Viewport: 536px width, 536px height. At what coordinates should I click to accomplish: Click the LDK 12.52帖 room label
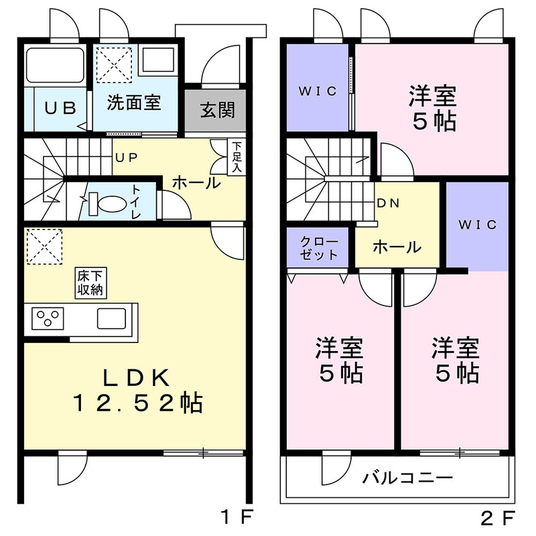(x=137, y=391)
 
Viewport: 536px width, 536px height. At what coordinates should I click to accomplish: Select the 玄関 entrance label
(x=218, y=110)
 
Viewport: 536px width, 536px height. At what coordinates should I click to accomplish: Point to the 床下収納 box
(x=90, y=283)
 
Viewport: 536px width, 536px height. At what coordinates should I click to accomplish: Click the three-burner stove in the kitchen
(x=48, y=319)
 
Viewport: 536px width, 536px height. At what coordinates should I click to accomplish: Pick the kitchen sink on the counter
(x=111, y=318)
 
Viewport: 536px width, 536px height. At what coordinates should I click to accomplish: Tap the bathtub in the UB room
(x=56, y=65)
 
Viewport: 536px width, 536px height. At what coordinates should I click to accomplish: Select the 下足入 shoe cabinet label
(x=237, y=157)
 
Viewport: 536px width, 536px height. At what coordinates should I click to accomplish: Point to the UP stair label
(x=127, y=157)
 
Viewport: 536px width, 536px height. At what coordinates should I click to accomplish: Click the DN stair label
(x=388, y=204)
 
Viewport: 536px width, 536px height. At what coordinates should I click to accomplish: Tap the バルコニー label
(x=408, y=478)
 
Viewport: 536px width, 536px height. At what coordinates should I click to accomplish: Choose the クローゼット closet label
(x=319, y=249)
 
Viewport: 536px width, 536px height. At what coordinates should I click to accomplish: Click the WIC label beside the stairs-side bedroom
(x=318, y=91)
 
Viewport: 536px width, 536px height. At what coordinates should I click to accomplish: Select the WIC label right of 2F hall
(x=477, y=224)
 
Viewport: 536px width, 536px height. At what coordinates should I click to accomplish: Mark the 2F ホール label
(x=397, y=247)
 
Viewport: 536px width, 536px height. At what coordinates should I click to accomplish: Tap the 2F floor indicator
(x=498, y=517)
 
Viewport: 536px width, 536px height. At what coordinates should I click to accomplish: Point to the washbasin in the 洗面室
(x=158, y=60)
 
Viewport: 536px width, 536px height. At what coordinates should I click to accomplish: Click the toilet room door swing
(x=176, y=205)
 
